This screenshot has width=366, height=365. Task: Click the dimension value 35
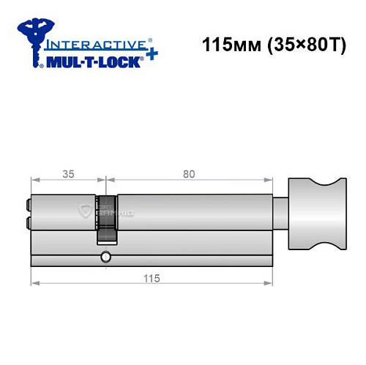click(68, 175)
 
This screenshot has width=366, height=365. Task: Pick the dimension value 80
click(189, 175)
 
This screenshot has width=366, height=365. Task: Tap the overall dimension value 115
click(152, 279)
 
